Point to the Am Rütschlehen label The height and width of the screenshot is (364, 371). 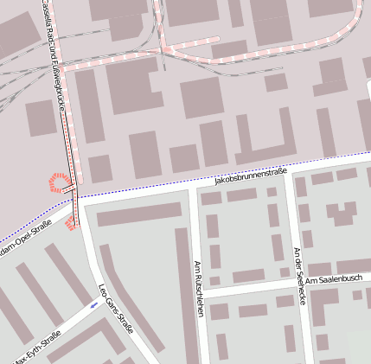[x=199, y=288]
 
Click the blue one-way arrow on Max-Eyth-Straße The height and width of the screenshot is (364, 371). [x=94, y=304]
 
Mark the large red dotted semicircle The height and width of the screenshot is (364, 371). [x=58, y=181]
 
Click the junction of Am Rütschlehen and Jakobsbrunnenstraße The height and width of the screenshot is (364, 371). [x=193, y=187]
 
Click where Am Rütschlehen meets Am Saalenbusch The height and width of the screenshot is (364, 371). [x=201, y=295]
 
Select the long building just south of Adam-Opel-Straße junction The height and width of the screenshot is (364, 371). [x=138, y=214]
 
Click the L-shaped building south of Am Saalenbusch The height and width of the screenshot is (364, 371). [x=324, y=311]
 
